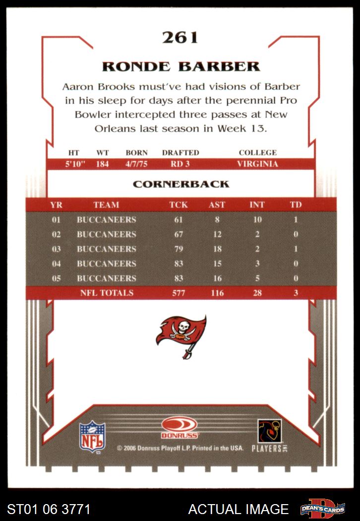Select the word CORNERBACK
(x=181, y=184)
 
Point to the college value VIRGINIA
(x=257, y=164)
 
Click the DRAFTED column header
(x=180, y=153)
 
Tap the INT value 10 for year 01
(x=257, y=219)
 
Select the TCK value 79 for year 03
(x=179, y=249)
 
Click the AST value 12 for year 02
(x=217, y=234)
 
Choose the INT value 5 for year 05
(x=257, y=278)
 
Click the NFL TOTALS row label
(x=107, y=293)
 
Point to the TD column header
(x=296, y=204)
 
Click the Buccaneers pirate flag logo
(x=181, y=332)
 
